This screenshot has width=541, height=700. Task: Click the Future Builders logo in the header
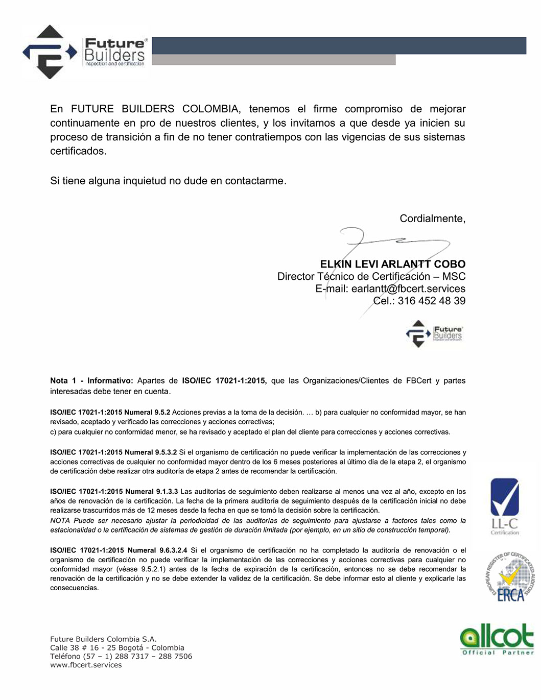84,52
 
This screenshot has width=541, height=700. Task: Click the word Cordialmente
432,219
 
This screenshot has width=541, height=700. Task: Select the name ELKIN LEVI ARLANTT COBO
392,264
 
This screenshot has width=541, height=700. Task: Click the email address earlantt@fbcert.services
408,288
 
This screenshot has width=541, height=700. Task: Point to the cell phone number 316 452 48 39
431,301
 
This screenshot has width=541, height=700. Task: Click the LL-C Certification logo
504,505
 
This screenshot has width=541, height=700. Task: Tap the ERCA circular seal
509,576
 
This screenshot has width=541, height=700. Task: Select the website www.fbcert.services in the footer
86,665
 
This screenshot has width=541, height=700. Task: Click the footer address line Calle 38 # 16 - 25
117,647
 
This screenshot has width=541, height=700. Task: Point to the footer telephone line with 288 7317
121,656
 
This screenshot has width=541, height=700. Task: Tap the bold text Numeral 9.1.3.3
152,491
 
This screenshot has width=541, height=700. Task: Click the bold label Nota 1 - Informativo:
91,380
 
